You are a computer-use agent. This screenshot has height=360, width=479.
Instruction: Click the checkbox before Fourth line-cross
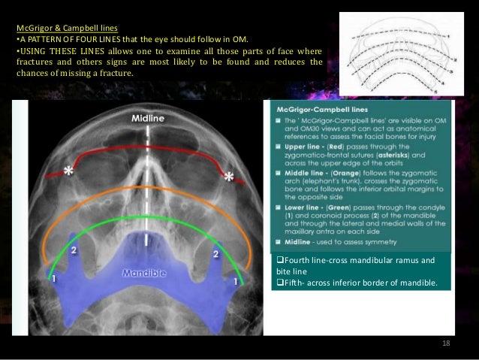tap(280, 261)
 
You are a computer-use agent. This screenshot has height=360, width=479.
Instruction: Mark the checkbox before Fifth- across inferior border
tap(280, 285)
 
